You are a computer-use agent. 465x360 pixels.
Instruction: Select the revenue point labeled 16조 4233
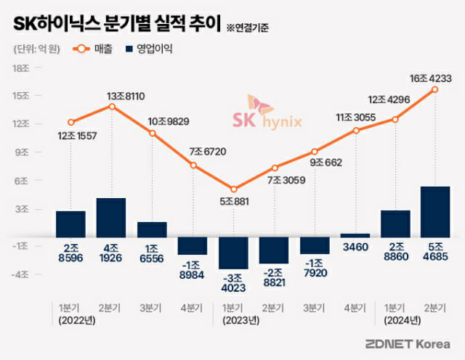coord(435,89)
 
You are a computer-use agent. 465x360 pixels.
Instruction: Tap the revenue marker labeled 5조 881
coord(233,189)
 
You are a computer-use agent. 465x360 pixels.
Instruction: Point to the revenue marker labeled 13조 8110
coord(111,106)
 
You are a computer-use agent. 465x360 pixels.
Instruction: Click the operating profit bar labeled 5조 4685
coord(435,211)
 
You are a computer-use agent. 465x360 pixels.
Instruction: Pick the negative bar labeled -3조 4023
coord(233,253)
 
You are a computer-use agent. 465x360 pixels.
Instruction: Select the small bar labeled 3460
coord(355,235)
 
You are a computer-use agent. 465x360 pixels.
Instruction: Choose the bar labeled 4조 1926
coord(111,217)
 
